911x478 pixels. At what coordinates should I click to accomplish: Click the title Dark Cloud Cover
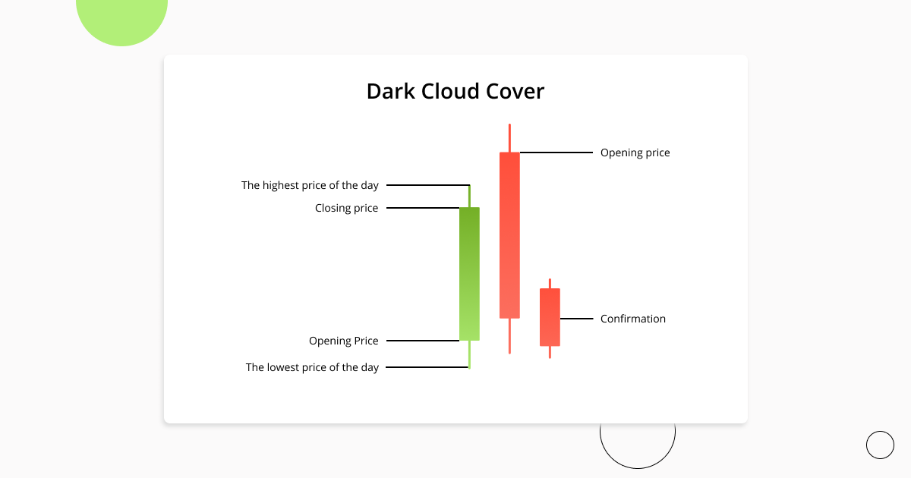tap(455, 92)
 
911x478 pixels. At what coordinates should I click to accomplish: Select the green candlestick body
tap(469, 274)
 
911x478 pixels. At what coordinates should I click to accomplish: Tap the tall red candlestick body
tap(509, 235)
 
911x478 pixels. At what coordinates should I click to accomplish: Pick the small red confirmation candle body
tap(550, 317)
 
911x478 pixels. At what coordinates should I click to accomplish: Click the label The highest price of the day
tap(310, 185)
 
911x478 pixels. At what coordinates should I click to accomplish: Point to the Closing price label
tap(346, 208)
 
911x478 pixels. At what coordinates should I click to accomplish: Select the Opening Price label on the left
tap(343, 341)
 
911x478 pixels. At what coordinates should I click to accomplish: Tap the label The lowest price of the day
tap(312, 367)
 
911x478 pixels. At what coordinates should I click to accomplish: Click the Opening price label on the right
tap(635, 153)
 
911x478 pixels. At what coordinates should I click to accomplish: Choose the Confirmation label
tap(632, 319)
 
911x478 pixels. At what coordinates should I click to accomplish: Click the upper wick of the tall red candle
tap(509, 138)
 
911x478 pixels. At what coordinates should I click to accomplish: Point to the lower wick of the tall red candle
tap(509, 335)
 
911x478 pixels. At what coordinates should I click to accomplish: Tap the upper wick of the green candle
tap(469, 196)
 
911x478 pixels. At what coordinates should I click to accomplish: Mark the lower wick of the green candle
tap(469, 354)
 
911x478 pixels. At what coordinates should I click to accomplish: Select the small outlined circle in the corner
tap(880, 445)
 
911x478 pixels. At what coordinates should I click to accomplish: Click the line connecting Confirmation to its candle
tap(576, 319)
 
